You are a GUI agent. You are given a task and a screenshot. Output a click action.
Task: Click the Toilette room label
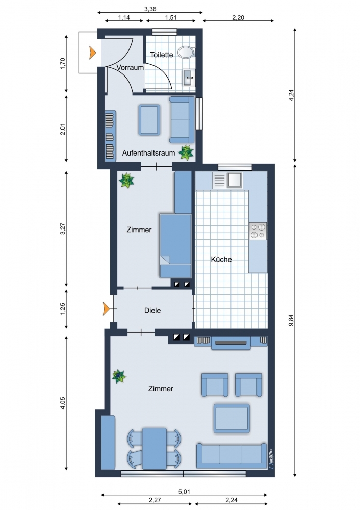pos(161,55)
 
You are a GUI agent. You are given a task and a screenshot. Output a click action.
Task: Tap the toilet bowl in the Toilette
pos(186,52)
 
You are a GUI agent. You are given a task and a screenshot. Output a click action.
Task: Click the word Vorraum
pos(130,68)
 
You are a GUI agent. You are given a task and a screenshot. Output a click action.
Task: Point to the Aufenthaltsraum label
pos(148,153)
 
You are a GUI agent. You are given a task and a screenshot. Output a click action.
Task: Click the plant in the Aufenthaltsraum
pos(186,152)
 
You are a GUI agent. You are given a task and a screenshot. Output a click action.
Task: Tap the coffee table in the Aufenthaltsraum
pos(149,119)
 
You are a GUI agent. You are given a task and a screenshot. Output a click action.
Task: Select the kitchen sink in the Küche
pos(227,180)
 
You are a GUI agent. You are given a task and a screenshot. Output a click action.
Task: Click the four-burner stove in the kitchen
pos(258,231)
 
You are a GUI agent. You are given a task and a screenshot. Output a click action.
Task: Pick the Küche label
pos(221,259)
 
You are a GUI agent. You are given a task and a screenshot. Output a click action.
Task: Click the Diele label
pos(152,310)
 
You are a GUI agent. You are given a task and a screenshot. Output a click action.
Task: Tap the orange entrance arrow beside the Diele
pos(106,309)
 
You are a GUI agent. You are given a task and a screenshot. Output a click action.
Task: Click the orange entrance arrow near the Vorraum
pos(93,53)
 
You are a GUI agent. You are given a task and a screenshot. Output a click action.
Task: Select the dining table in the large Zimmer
pos(155,448)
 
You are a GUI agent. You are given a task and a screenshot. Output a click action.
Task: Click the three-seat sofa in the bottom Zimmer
pos(232,455)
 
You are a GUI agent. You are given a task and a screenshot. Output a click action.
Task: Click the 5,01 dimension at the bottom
pos(184,492)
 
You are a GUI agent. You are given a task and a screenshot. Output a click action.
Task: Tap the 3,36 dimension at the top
pos(150,9)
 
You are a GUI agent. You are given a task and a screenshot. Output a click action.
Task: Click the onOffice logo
pos(271,458)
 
